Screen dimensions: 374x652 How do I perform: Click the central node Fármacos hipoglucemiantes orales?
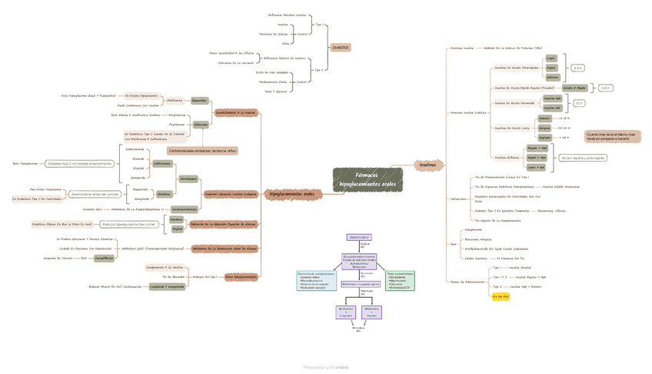[x=368, y=180]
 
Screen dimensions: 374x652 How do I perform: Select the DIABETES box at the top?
[x=341, y=47]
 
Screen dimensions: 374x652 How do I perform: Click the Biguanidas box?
[x=199, y=100]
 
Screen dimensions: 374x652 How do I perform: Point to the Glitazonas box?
[x=201, y=124]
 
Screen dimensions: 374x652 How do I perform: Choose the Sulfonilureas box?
[x=161, y=164]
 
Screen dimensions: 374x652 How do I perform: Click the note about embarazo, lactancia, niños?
[x=202, y=151]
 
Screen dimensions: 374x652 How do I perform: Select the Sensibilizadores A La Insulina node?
[x=235, y=112]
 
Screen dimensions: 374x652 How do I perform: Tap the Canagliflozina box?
[x=104, y=258]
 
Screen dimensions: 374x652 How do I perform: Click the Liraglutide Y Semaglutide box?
[x=167, y=286]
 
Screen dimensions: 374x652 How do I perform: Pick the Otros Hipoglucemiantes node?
[x=241, y=276]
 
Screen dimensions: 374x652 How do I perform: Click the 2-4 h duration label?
[x=578, y=68]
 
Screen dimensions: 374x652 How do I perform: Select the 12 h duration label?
[x=579, y=102]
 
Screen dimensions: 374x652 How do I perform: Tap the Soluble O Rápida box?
[x=575, y=88]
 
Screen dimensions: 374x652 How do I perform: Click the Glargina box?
[x=544, y=128]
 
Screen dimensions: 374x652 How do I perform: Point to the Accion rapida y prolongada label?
[x=582, y=158]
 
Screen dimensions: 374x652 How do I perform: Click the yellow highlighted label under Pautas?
[x=501, y=296]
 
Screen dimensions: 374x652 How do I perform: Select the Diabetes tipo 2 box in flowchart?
[x=358, y=238]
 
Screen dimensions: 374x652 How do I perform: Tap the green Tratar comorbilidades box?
[x=400, y=280]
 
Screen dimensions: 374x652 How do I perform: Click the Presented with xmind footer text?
[x=326, y=367]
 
